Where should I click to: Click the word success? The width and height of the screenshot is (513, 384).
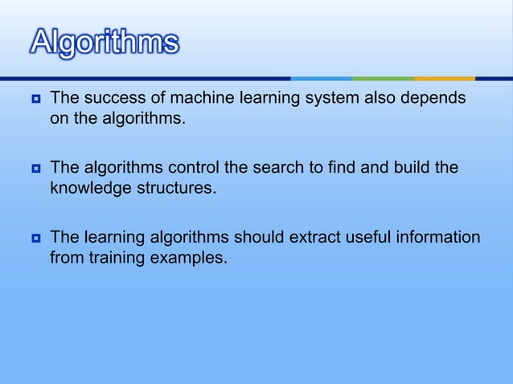click(108, 99)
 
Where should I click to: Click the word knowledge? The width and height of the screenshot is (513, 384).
click(89, 190)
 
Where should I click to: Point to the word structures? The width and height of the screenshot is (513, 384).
click(176, 190)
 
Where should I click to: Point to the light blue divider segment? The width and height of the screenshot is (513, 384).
click(321, 79)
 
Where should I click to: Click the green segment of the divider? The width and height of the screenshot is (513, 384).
click(383, 79)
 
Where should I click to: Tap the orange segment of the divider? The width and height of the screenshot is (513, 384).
click(444, 79)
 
